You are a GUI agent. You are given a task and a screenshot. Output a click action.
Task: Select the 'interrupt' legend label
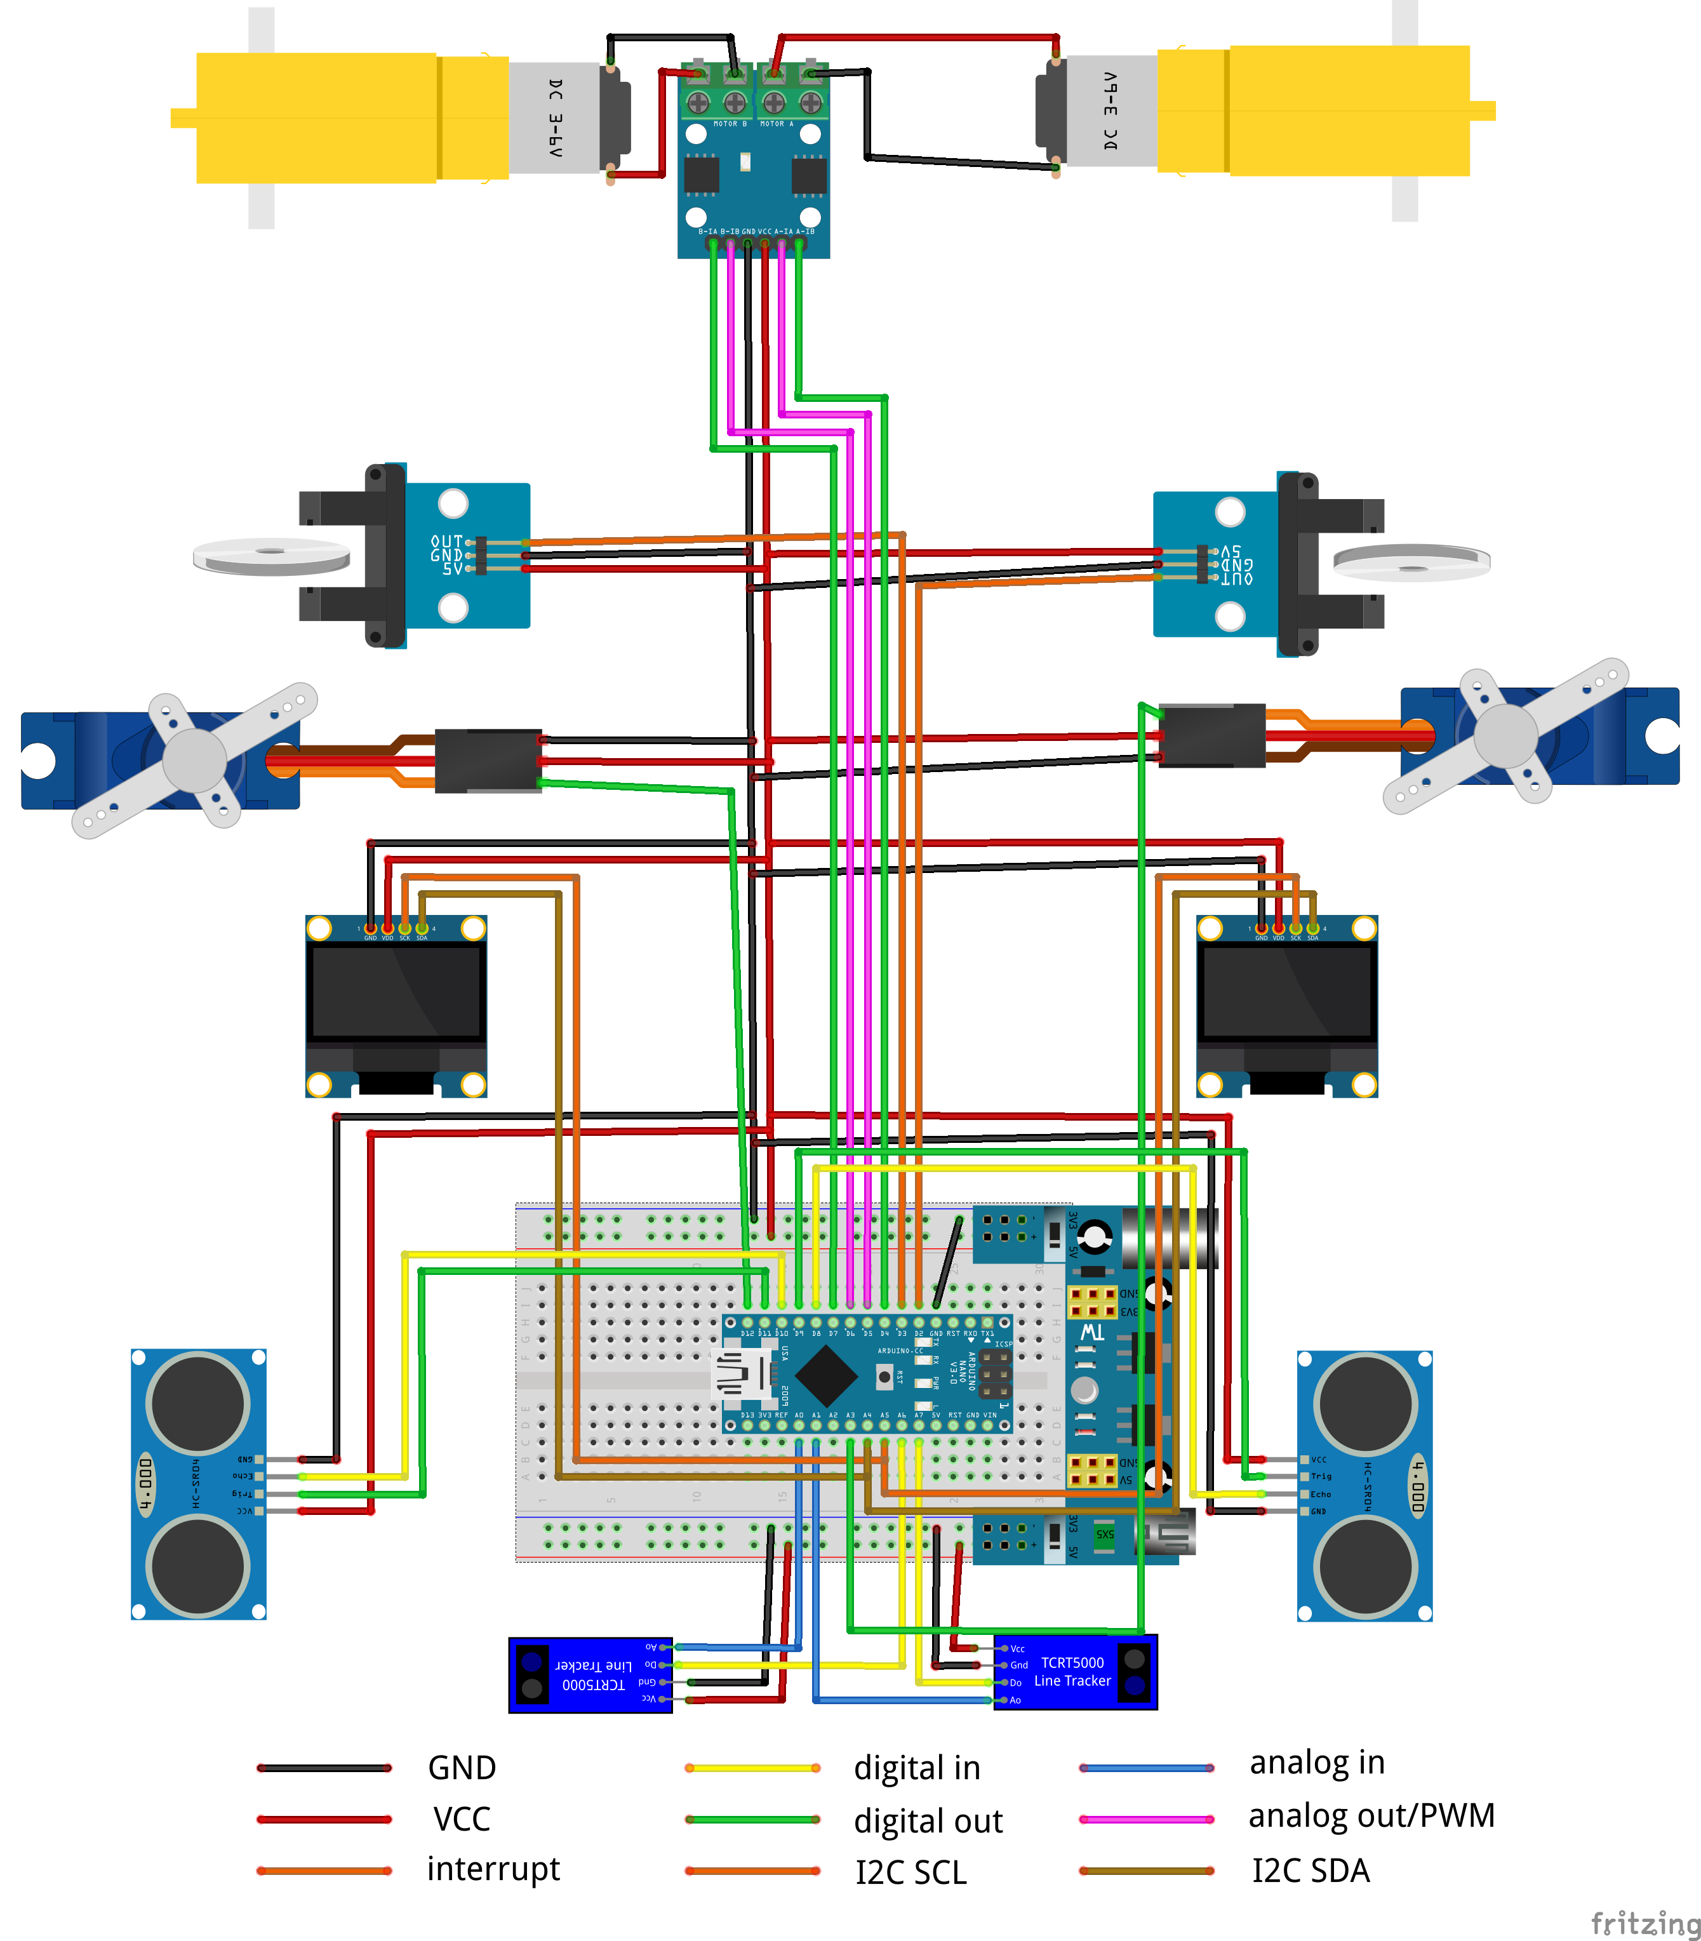tap(493, 1868)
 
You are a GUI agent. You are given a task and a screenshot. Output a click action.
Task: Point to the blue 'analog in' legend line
tap(1147, 1767)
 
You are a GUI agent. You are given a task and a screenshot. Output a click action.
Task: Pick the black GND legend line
tap(324, 1767)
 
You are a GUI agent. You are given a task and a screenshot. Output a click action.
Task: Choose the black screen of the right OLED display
tap(1286, 992)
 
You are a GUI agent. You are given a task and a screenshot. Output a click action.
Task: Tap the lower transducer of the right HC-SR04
tap(1365, 1566)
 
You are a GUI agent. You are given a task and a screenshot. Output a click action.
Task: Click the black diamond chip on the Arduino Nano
tap(827, 1373)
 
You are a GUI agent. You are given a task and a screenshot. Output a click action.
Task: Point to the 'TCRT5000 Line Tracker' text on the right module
tap(1072, 1671)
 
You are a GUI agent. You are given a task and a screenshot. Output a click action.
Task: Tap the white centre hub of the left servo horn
tap(194, 759)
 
